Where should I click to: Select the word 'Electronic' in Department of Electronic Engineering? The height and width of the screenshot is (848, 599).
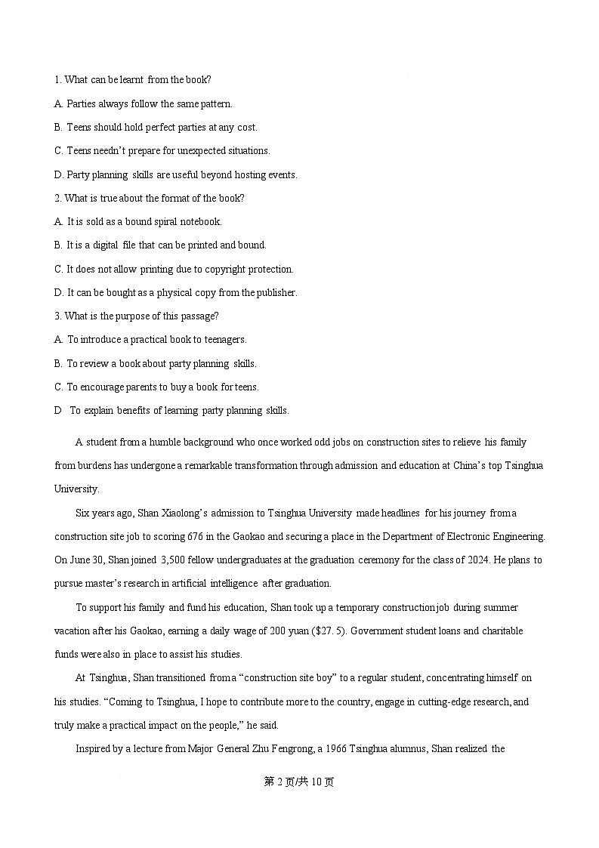tap(459, 537)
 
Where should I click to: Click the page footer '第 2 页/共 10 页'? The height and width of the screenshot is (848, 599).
tap(299, 782)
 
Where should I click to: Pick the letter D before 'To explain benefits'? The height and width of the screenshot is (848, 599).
tap(58, 411)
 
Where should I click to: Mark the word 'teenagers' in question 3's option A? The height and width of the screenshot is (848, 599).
tap(225, 340)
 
